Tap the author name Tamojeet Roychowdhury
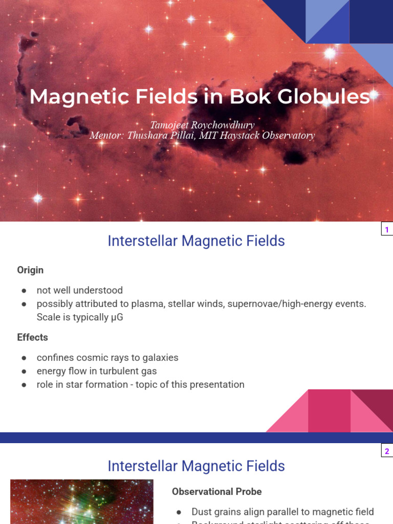coord(202,125)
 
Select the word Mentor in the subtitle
coord(105,136)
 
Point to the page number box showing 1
coord(387,230)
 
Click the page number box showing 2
coord(387,451)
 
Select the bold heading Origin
coord(30,270)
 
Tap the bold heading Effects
coord(32,337)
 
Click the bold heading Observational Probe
coord(216,491)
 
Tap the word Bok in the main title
coord(248,97)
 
